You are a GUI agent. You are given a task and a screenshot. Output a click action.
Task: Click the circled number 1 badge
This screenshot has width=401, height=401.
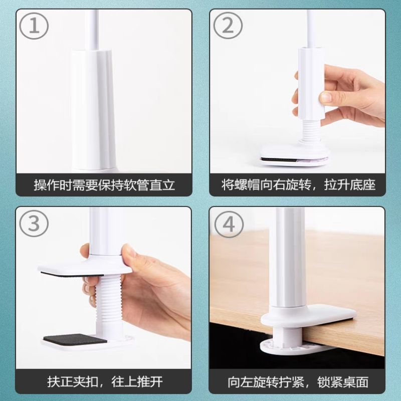pyautogui.click(x=34, y=27)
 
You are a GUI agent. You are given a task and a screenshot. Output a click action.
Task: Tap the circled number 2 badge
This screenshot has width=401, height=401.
pyautogui.click(x=228, y=27)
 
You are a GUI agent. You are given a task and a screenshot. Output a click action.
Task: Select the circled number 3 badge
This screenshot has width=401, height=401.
pyautogui.click(x=34, y=224)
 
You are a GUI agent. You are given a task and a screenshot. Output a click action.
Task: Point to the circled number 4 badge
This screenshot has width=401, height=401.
pyautogui.click(x=229, y=224)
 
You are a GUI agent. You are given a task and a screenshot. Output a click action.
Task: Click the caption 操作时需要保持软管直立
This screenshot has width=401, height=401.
pyautogui.click(x=104, y=185)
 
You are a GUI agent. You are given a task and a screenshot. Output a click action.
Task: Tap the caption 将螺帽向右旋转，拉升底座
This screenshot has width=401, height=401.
pyautogui.click(x=298, y=185)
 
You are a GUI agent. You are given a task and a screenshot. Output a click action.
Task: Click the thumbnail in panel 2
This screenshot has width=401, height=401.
pyautogui.click(x=326, y=97)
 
